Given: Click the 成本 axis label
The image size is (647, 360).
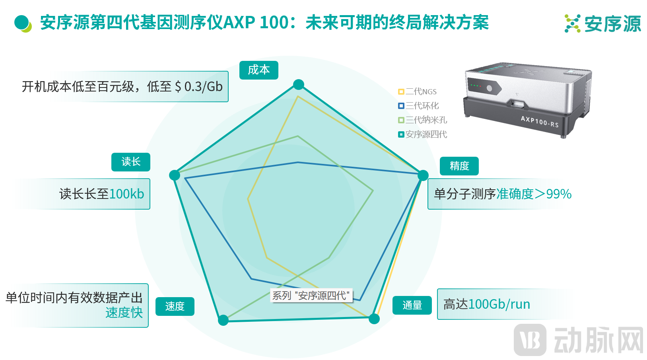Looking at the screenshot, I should [x=258, y=70].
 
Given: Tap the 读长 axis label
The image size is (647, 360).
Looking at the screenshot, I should [x=131, y=162].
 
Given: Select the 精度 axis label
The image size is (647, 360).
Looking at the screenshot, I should [x=459, y=166].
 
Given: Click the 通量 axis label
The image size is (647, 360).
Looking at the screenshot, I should [x=412, y=306].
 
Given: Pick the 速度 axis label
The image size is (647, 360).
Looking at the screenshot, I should [x=175, y=306].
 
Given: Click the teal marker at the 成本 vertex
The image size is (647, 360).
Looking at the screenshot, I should [x=298, y=84].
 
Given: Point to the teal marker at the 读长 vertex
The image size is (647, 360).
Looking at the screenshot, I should [x=174, y=175].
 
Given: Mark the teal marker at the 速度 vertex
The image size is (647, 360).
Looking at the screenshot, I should [x=223, y=320].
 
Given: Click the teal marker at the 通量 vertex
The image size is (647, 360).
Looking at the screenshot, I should [x=374, y=318].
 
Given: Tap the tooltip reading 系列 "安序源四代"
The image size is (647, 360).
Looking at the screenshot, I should [x=311, y=296].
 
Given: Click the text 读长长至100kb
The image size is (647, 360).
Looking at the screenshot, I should [x=101, y=194].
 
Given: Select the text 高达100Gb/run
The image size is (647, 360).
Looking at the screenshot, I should [x=487, y=304].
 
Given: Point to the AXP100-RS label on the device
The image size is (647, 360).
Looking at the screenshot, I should [x=540, y=121].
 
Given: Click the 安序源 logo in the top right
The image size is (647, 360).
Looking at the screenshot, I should [x=603, y=23].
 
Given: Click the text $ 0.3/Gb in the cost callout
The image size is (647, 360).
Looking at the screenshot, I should [x=198, y=87].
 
